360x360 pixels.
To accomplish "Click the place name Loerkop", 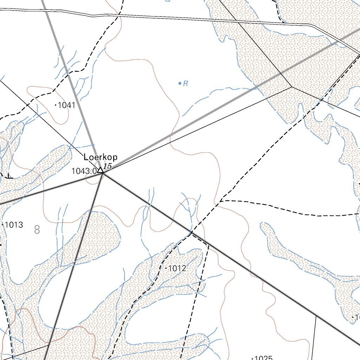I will [101, 157].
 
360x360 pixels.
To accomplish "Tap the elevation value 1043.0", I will [84, 171].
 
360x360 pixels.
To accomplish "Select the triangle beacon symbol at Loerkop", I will [100, 171].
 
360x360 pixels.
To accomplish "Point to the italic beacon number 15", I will [107, 166].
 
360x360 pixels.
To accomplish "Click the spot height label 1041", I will [66, 105].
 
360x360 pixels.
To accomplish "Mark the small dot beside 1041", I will [56, 105].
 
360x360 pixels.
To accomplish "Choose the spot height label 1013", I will [14, 225].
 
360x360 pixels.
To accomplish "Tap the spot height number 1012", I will [177, 269].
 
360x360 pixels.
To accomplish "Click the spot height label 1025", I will [263, 358].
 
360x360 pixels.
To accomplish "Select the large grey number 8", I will [37, 230].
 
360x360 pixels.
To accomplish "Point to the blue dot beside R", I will [180, 83].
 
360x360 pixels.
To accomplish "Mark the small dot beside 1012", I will [166, 268].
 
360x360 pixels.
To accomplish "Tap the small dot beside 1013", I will [3, 224].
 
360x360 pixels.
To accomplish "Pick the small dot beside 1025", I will [252, 358].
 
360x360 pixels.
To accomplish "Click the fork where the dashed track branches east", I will [221, 200].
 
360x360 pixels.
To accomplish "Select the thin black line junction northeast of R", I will [292, 87].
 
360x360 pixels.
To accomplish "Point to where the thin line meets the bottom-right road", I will [316, 315].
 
